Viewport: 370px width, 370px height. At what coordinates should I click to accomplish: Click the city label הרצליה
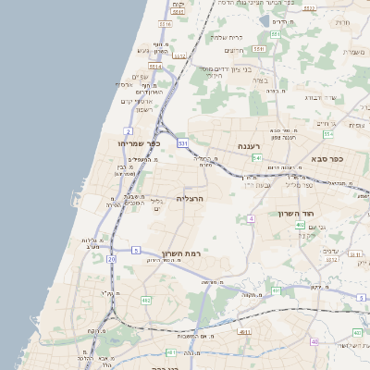[189, 198]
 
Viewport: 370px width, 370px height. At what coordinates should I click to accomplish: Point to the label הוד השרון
[297, 214]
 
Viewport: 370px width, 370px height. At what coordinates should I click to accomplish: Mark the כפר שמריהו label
[140, 143]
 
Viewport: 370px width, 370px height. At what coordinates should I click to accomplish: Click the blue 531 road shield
[183, 143]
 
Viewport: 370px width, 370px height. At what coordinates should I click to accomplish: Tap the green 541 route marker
[256, 157]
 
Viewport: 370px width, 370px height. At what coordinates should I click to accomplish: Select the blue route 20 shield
[112, 260]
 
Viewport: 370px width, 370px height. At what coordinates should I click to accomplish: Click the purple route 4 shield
[251, 218]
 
